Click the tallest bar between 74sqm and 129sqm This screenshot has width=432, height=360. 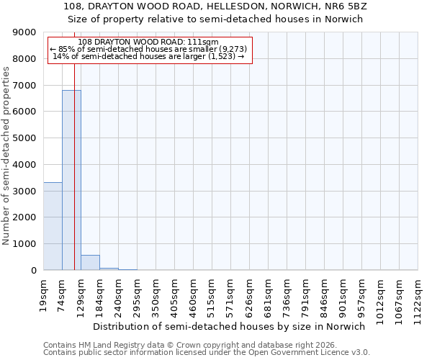71,180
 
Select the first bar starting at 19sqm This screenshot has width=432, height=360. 53,226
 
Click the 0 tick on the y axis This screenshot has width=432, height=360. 34,271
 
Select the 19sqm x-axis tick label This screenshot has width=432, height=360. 44,292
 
